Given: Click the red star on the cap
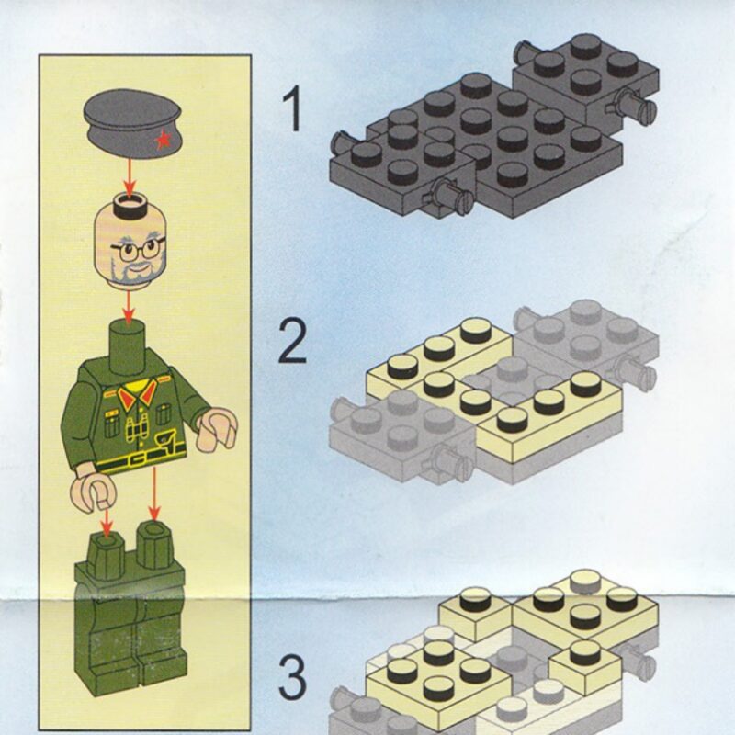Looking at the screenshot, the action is click(164, 140).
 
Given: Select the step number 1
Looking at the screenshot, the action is click(293, 109).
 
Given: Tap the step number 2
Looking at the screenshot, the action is click(292, 341).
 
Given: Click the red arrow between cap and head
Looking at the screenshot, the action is click(130, 176).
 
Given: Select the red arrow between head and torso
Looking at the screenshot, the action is click(128, 305).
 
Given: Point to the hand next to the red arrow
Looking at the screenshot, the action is click(95, 493).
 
